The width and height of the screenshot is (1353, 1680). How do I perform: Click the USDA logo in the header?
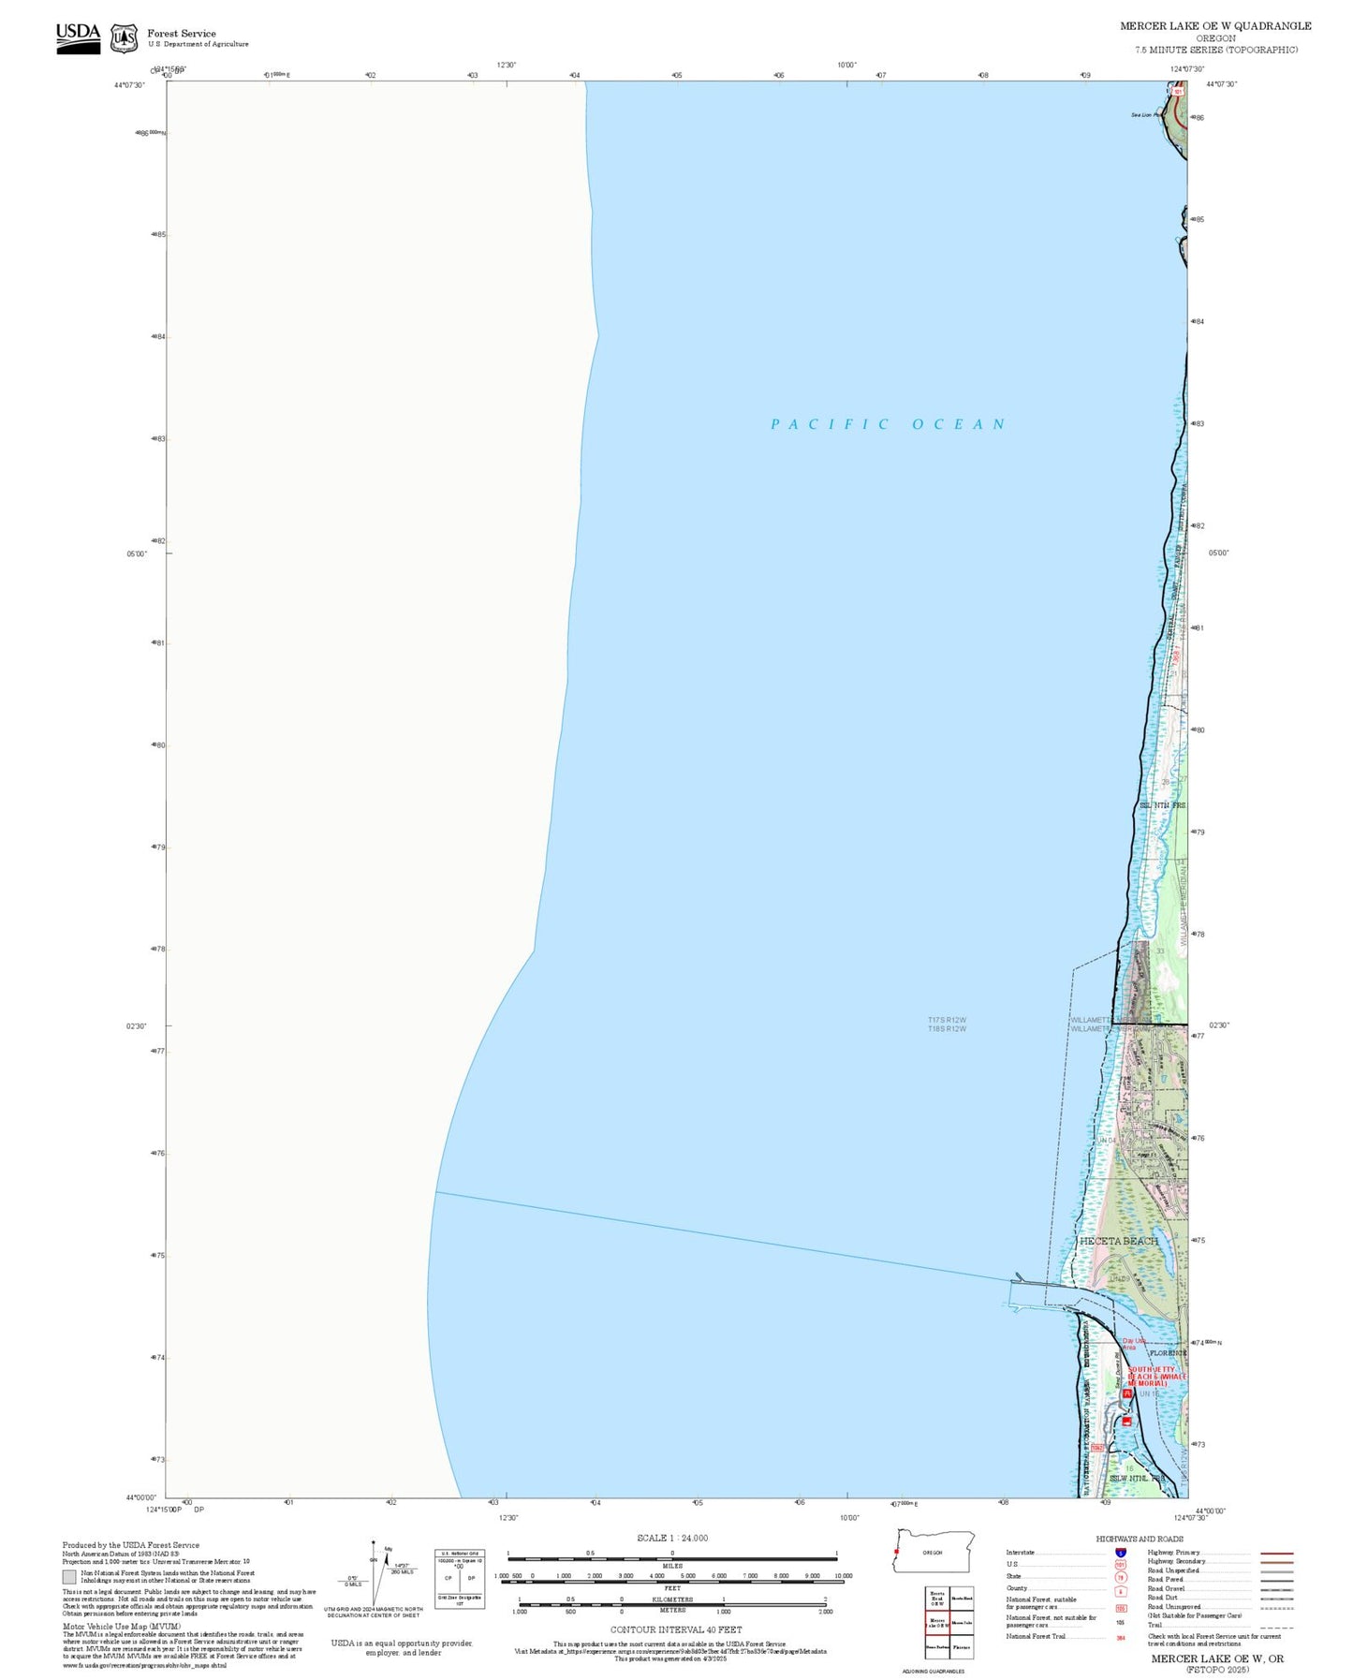click(x=78, y=37)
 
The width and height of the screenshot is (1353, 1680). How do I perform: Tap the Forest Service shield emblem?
click(x=124, y=38)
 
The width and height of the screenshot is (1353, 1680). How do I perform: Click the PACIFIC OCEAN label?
click(x=888, y=424)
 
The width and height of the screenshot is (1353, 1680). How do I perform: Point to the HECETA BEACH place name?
click(x=1118, y=1241)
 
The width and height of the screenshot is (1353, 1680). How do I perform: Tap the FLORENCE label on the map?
click(x=1167, y=1353)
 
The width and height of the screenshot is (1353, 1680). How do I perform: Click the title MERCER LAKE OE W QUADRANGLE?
click(x=1215, y=26)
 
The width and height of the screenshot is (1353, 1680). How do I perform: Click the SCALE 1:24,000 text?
click(x=672, y=1538)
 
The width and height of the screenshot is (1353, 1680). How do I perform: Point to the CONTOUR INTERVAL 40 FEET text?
click(x=675, y=1629)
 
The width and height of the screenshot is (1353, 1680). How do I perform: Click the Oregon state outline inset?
click(x=934, y=1552)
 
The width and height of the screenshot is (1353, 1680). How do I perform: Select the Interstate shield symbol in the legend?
click(x=1121, y=1553)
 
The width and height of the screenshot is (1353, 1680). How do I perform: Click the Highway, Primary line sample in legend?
click(x=1277, y=1553)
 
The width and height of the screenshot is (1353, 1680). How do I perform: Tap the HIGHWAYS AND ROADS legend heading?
click(x=1140, y=1539)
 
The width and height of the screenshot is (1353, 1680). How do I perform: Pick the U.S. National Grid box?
click(x=460, y=1578)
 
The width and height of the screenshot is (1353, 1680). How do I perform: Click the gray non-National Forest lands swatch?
click(x=69, y=1576)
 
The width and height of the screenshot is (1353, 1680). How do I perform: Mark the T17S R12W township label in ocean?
click(x=947, y=1020)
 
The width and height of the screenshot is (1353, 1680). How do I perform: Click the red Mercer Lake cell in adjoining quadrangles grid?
click(x=937, y=1623)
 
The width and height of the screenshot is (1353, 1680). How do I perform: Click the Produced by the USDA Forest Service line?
click(x=131, y=1545)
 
